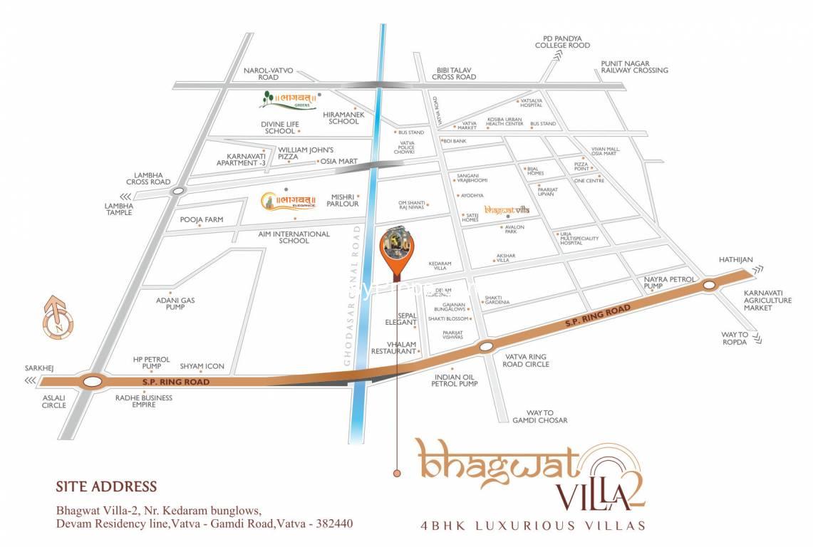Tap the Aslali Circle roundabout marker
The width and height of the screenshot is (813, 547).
[91, 382]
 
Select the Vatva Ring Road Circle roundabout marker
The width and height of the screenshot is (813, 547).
[486, 347]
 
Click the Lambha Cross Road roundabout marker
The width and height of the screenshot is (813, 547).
[178, 190]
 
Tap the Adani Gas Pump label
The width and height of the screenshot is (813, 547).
[175, 304]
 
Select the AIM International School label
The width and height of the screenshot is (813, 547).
[294, 237]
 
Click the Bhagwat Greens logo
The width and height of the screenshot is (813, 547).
[289, 100]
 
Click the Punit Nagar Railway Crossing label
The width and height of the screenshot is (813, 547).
[634, 66]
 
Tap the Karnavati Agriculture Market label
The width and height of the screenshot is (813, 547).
[767, 300]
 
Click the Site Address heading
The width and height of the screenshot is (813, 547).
[106, 487]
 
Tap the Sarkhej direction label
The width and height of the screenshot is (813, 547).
[39, 369]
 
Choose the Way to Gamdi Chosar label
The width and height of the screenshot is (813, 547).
[540, 416]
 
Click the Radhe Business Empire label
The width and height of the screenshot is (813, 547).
[143, 402]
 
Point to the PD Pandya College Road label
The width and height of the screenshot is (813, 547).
[563, 41]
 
